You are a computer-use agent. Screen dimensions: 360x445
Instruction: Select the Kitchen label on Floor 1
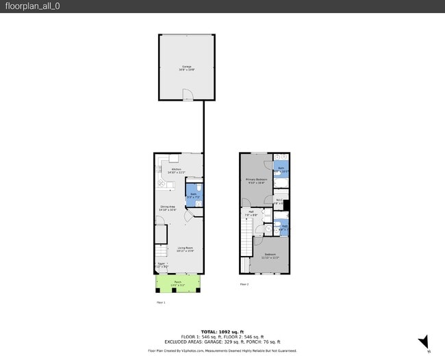click(176, 170)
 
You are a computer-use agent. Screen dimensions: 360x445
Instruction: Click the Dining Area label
click(168, 208)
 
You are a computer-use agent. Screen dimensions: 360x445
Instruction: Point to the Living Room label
click(186, 250)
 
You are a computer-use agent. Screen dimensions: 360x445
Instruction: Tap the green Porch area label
click(177, 283)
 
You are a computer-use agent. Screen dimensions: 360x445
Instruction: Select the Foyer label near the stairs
click(161, 264)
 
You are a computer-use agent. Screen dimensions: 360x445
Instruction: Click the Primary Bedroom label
click(257, 181)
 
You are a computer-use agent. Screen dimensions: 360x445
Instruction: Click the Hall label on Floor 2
click(251, 213)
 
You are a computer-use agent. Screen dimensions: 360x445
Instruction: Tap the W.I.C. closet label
click(279, 202)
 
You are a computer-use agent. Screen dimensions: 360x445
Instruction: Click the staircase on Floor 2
click(246, 240)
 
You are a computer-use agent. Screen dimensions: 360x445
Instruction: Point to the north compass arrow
click(424, 342)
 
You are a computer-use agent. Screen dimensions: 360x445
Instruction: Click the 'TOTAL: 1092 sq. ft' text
click(222, 331)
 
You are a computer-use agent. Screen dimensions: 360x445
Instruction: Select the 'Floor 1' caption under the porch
click(161, 301)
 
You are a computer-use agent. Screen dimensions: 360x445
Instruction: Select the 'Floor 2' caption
click(244, 283)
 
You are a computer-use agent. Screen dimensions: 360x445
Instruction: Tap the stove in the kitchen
click(160, 183)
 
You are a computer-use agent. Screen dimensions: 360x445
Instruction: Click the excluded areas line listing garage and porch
click(222, 342)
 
